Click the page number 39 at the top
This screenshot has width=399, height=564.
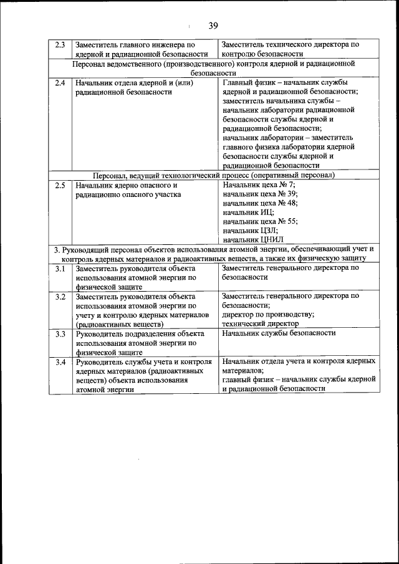213,26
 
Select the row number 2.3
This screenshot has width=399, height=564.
60,45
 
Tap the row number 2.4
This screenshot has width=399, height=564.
60,83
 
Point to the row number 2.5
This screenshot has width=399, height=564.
60,185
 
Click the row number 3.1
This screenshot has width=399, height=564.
60,268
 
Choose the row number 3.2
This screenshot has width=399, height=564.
60,297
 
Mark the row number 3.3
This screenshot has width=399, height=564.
60,333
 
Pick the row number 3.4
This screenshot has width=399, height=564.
60,362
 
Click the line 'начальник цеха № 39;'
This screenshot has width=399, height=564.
260,194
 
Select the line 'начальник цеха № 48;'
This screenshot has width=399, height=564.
260,203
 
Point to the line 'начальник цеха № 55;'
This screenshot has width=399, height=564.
260,221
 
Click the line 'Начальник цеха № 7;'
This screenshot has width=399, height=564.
259,185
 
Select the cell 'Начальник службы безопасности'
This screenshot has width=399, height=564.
279,333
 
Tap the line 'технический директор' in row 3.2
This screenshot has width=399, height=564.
260,323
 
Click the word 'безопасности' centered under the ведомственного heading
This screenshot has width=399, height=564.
213,72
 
